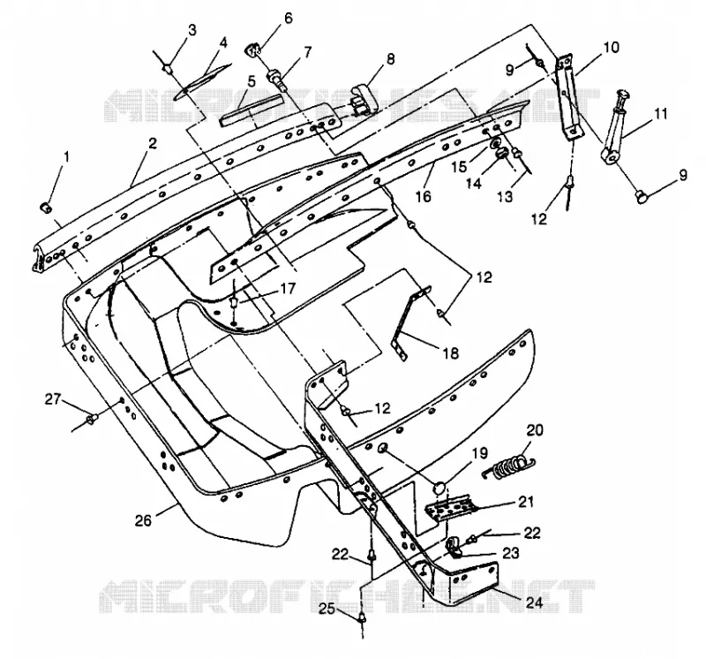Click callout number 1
tap(67, 158)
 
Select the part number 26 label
tap(144, 520)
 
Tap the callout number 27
tap(53, 399)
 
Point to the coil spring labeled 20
tap(508, 466)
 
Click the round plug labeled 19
tap(439, 488)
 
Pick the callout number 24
tap(534, 602)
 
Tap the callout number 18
tap(451, 353)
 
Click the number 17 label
tap(289, 288)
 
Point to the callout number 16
tap(424, 196)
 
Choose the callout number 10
tap(612, 48)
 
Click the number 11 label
tap(660, 113)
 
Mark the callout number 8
tap(390, 59)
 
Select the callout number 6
tap(289, 19)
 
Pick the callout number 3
tap(192, 31)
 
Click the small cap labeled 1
tap(47, 208)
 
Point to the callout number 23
tap(511, 553)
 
